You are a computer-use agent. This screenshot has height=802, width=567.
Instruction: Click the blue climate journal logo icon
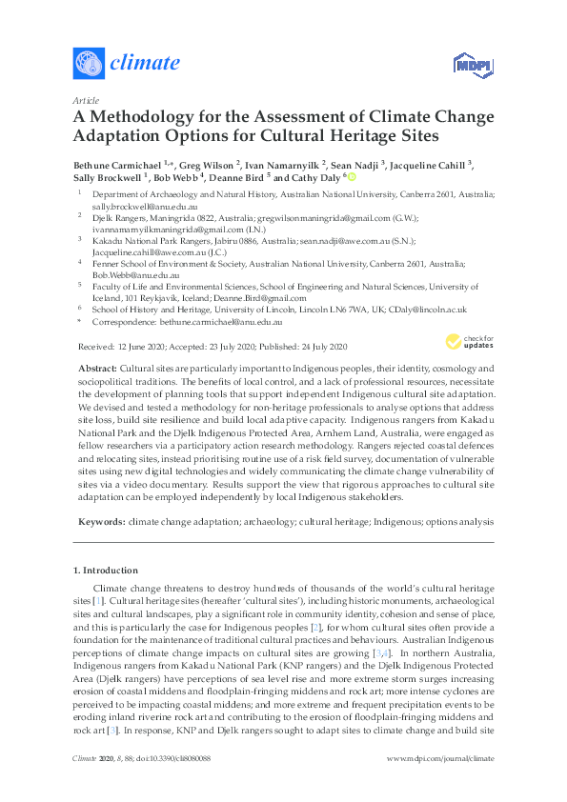click(87, 63)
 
